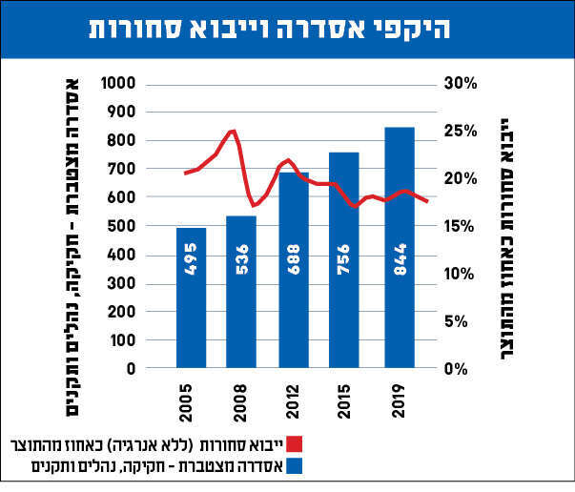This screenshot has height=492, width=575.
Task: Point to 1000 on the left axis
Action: click(144, 84)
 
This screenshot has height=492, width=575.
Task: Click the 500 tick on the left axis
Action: click(148, 226)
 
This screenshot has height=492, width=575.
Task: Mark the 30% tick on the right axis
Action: click(461, 84)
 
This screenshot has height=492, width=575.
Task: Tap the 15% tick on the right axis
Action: click(461, 226)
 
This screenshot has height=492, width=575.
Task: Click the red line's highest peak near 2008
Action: click(233, 131)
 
